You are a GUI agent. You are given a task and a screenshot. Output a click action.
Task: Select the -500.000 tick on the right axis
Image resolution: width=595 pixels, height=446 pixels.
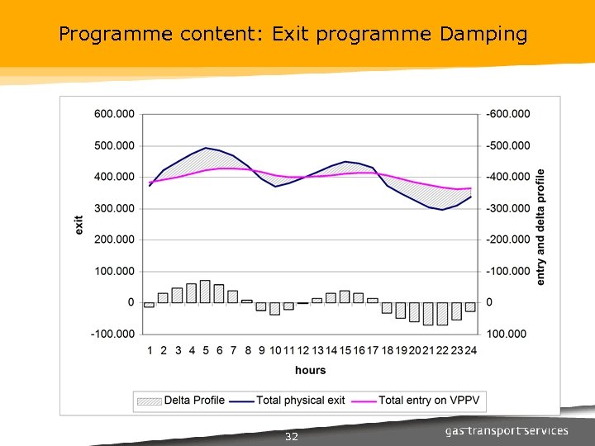[x=510, y=145]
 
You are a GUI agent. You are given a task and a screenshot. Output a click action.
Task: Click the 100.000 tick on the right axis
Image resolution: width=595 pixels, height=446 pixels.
[x=507, y=334]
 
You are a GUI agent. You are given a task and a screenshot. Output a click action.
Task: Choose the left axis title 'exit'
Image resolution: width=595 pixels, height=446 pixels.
[x=79, y=224]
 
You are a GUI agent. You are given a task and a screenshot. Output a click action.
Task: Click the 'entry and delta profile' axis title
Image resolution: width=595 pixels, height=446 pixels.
[x=540, y=227]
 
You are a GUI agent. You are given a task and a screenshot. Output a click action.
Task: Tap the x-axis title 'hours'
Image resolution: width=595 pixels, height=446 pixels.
[x=310, y=371]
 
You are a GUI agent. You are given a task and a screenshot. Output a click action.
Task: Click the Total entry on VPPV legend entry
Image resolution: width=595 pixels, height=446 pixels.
[x=421, y=401]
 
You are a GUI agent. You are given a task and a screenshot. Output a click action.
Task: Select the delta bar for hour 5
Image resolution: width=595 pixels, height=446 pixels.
[x=206, y=292]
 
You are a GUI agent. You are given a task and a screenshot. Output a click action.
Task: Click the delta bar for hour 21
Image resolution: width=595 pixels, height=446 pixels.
[x=428, y=313]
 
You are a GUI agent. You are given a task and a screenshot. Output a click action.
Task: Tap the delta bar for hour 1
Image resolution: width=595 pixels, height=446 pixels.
[x=150, y=305]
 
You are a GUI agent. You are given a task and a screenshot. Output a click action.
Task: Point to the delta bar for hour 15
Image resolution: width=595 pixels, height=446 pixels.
[x=345, y=297]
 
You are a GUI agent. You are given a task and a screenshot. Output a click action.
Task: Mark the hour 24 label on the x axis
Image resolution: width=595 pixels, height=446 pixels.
[x=470, y=351]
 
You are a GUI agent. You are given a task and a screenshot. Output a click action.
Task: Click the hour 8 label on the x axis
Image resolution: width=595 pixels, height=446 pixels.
[x=248, y=351]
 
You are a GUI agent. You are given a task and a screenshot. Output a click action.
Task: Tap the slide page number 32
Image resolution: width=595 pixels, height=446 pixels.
[x=291, y=437]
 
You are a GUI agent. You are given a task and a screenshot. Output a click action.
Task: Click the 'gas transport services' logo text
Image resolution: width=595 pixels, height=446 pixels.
[x=507, y=431]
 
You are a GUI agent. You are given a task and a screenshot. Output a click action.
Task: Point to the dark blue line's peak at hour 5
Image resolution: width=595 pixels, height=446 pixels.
[x=206, y=148]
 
